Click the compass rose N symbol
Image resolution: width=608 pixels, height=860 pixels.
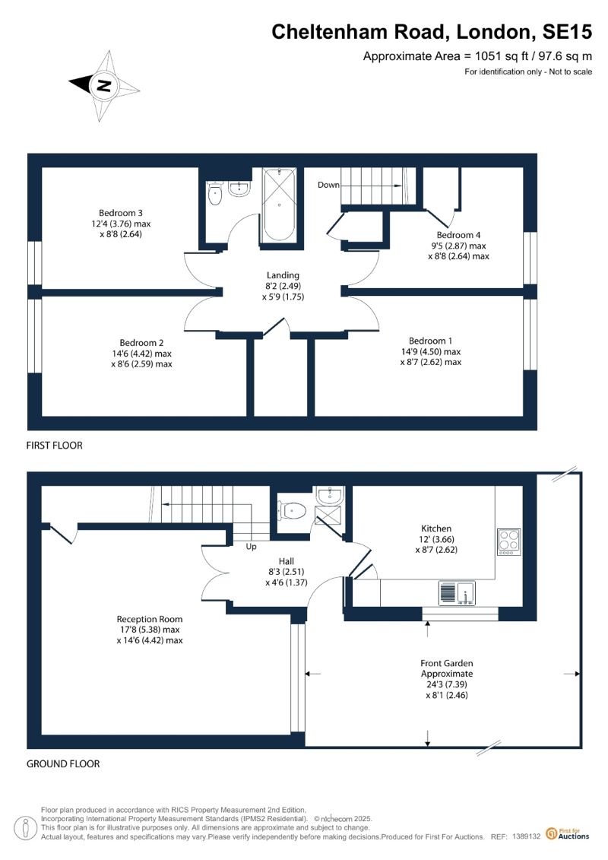[x=104, y=86]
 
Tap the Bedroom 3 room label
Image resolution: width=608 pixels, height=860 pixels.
[x=121, y=213]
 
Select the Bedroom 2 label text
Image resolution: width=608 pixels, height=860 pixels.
[x=141, y=343]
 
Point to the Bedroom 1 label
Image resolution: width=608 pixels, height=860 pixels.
[x=430, y=341]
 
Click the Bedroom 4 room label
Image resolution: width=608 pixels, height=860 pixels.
[x=458, y=235]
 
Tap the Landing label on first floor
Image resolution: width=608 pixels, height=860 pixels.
[x=283, y=275]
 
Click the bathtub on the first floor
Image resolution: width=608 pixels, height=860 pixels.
[x=279, y=205]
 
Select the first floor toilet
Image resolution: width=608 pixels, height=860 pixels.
[x=214, y=193]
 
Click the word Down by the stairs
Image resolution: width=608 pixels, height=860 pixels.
[x=328, y=185]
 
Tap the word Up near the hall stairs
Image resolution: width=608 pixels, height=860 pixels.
[x=251, y=546]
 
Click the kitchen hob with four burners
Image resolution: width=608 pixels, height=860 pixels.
[x=508, y=541]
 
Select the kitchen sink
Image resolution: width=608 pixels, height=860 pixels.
[x=458, y=593]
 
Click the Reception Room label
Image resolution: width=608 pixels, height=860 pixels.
[x=150, y=619]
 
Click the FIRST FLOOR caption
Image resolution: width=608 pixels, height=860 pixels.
[x=54, y=446]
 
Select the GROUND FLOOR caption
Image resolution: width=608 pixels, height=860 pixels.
[x=63, y=763]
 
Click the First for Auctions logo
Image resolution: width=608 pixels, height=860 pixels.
[x=568, y=834]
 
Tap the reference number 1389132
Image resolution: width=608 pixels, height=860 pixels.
[x=526, y=836]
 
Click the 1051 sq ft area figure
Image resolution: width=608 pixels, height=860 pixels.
[x=499, y=56]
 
